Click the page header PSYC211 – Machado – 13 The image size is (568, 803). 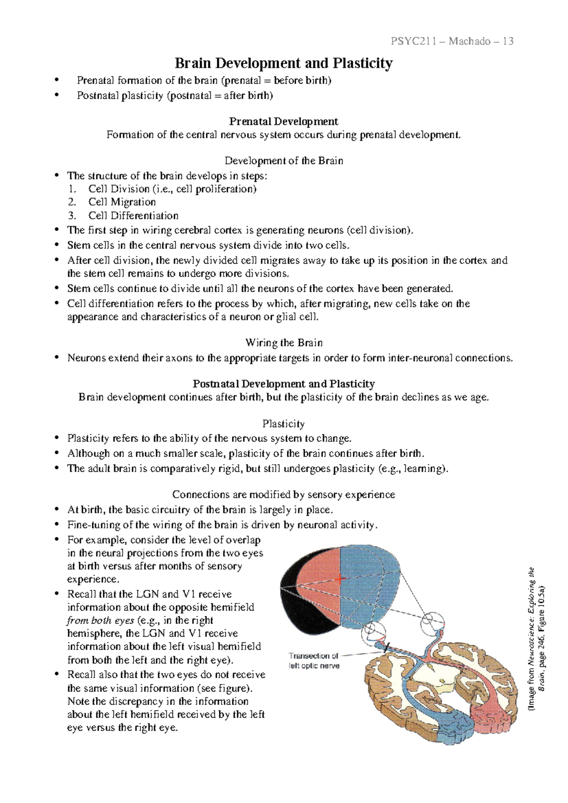pyautogui.click(x=452, y=41)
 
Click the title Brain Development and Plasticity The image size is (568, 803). pyautogui.click(x=284, y=63)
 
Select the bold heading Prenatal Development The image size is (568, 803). pyautogui.click(x=284, y=122)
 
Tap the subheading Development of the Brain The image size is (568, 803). pyautogui.click(x=284, y=161)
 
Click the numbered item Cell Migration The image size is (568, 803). pyautogui.click(x=122, y=202)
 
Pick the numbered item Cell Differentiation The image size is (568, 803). pyautogui.click(x=133, y=216)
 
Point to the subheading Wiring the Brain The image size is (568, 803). pyautogui.click(x=284, y=343)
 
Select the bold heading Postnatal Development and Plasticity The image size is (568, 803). pyautogui.click(x=284, y=384)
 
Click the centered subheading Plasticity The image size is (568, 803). pyautogui.click(x=284, y=424)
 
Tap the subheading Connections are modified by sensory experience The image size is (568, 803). pyautogui.click(x=284, y=495)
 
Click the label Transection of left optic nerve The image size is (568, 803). pyautogui.click(x=314, y=660)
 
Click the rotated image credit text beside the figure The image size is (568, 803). pyautogui.click(x=538, y=639)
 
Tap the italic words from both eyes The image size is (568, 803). pyautogui.click(x=100, y=621)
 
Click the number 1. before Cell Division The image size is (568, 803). pyautogui.click(x=71, y=189)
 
